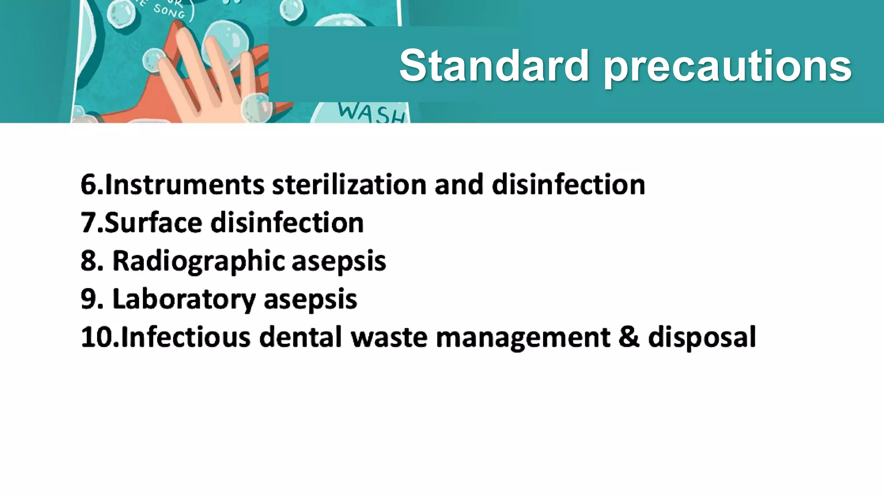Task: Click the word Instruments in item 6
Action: pos(184,185)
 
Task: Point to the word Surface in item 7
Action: pos(153,223)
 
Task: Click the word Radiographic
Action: pos(199,261)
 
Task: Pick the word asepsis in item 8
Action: pos(339,261)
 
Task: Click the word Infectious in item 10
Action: pos(186,337)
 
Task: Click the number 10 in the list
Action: pos(96,337)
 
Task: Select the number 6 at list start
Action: pos(89,185)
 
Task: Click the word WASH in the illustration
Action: pos(371,113)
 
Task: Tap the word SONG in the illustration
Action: pos(169,12)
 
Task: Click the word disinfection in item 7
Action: pos(287,223)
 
